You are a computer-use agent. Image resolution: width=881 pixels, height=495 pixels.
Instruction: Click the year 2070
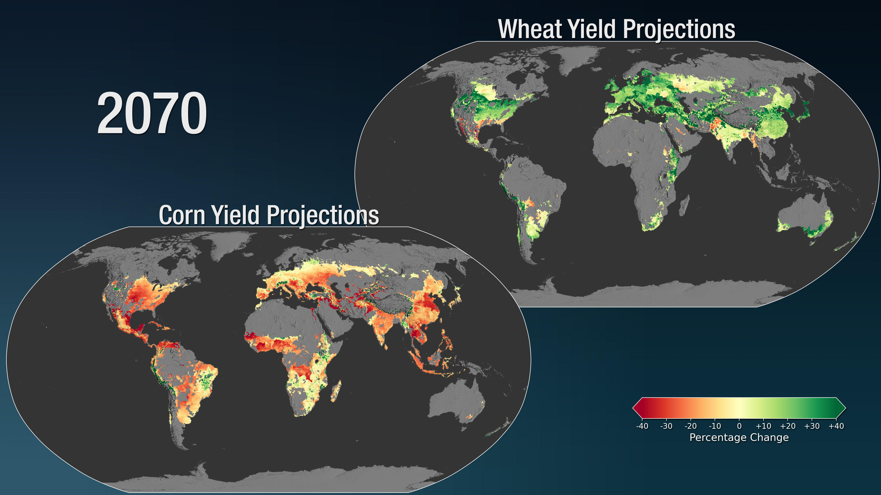pyautogui.click(x=152, y=114)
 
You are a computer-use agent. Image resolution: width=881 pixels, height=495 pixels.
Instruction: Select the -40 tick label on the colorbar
pyautogui.click(x=642, y=426)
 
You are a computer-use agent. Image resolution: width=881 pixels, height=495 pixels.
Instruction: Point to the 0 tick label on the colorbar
pyautogui.click(x=739, y=426)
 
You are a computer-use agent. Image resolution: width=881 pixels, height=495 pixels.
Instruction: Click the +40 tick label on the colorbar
pyautogui.click(x=836, y=426)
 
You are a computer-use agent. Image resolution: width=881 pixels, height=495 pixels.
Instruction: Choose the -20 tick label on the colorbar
pyautogui.click(x=691, y=426)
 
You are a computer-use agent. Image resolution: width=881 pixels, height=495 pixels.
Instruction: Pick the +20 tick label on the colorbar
pyautogui.click(x=788, y=426)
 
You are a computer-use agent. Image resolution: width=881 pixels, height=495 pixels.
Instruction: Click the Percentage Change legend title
pyautogui.click(x=739, y=438)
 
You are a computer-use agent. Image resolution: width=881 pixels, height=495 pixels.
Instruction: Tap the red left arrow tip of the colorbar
pyautogui.click(x=633, y=408)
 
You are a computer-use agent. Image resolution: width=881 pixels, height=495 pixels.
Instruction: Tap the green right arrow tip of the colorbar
pyautogui.click(x=845, y=408)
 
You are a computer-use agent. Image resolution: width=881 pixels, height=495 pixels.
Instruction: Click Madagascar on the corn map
pyautogui.click(x=336, y=391)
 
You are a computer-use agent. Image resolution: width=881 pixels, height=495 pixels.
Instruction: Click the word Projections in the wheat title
pyautogui.click(x=679, y=30)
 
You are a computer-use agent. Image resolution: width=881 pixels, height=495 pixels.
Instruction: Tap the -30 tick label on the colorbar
pyautogui.click(x=666, y=426)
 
